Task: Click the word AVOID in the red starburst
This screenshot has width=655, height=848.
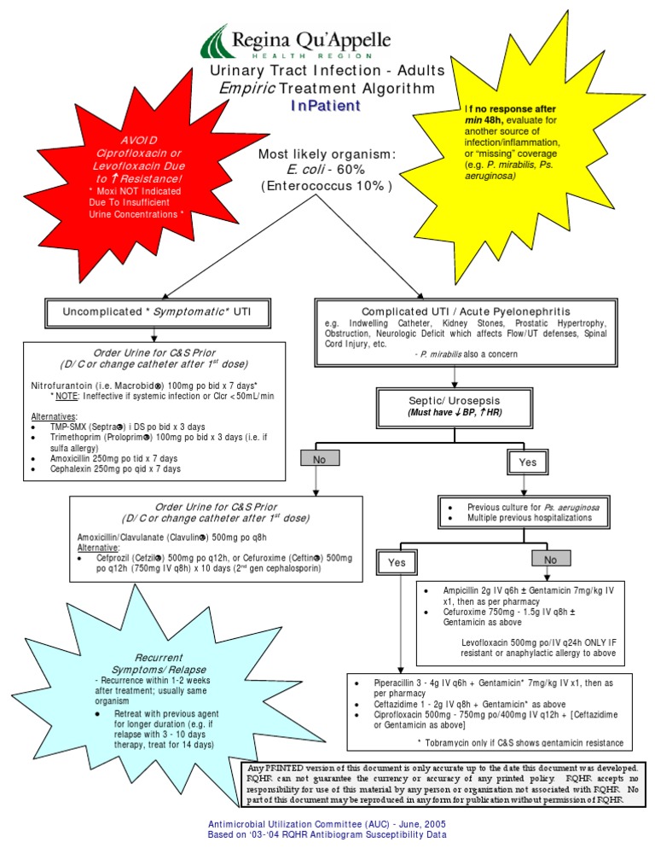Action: (x=137, y=140)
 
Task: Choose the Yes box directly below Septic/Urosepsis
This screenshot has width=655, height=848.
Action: (x=528, y=462)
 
